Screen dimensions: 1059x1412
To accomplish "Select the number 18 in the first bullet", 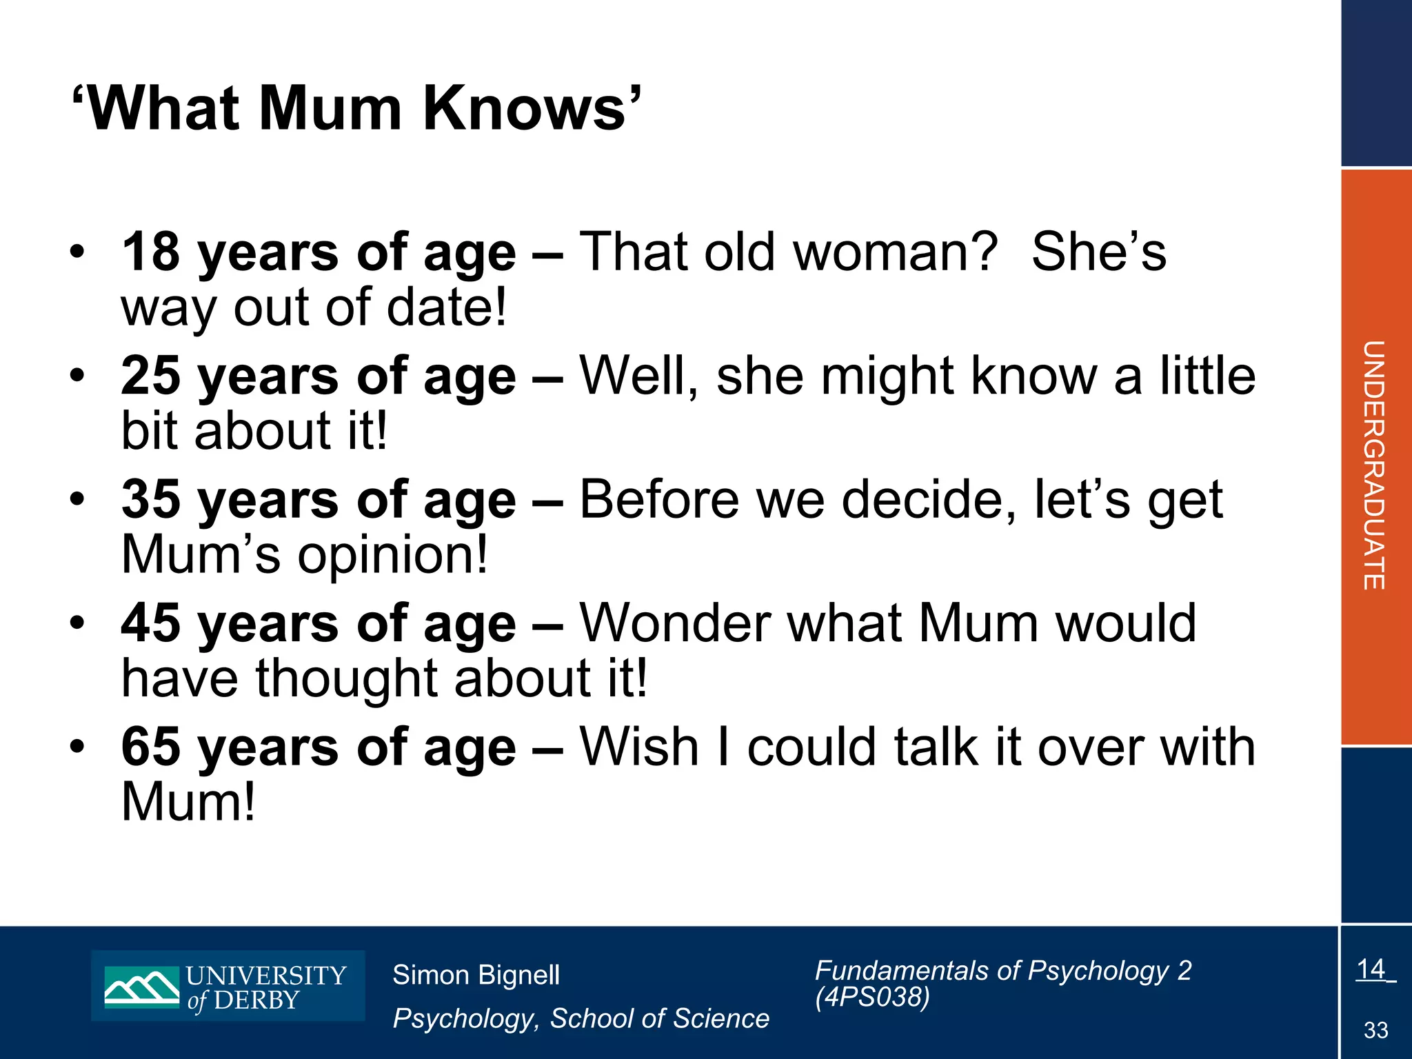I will coord(151,252).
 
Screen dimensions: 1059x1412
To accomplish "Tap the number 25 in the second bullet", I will coord(151,376).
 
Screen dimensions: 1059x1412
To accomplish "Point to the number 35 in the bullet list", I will coord(151,500).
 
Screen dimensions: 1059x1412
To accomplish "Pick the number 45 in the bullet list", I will coord(151,624).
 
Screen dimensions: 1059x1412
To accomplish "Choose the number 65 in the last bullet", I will coord(151,747).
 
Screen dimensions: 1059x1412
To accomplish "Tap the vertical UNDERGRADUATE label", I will coord(1374,465).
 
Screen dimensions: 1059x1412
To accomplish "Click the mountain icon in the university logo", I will coord(141,987).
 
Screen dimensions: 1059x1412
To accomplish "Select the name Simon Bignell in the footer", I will coord(476,975).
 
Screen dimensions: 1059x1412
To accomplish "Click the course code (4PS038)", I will coord(872,996).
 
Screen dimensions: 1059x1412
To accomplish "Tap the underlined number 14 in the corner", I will coord(1371,969).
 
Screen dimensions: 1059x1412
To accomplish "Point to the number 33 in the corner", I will coord(1375,1030).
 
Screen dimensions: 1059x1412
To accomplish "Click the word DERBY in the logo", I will coord(256,1000).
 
